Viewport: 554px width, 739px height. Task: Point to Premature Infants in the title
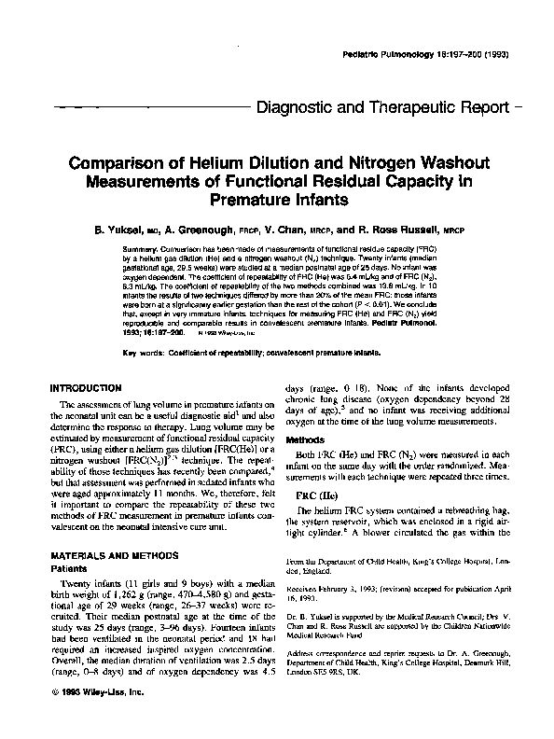[x=276, y=199]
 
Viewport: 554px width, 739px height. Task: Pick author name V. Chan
[x=304, y=229]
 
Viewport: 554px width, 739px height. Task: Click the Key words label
[x=144, y=353]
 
